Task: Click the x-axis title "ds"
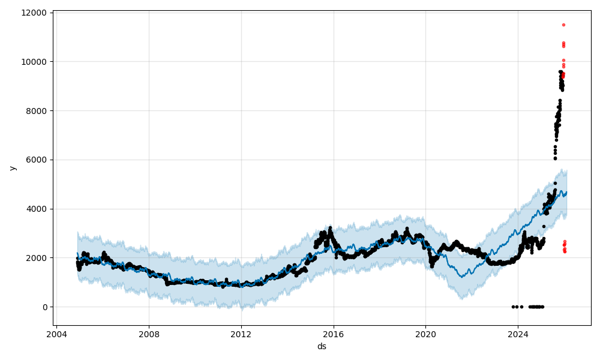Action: tap(322, 346)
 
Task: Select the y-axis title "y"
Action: tap(12, 168)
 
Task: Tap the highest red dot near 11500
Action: tap(563, 25)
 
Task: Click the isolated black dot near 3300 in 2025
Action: tap(544, 226)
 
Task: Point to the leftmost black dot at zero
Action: tap(513, 307)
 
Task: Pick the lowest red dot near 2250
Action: tap(565, 251)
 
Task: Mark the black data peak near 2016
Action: tap(330, 228)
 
